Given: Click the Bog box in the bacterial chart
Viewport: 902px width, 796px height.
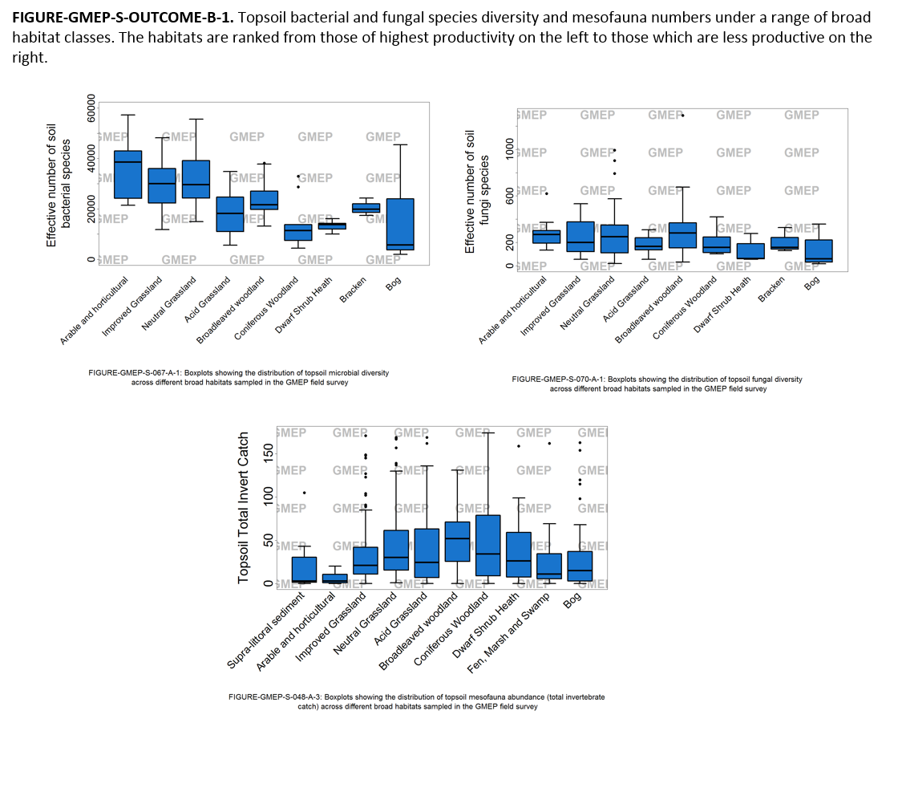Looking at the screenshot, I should [400, 224].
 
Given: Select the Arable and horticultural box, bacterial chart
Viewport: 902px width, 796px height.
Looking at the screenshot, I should [128, 174].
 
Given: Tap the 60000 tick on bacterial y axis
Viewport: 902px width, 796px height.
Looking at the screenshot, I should [91, 112].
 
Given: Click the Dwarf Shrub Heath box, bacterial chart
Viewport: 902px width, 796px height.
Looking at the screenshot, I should [332, 225].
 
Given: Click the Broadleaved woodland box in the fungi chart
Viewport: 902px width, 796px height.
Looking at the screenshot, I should [682, 235].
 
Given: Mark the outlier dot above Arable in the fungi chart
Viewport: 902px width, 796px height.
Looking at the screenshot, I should [547, 193].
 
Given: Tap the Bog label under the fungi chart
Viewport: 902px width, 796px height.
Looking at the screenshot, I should [812, 282].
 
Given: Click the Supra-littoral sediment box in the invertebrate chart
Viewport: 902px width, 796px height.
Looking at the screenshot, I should [304, 570].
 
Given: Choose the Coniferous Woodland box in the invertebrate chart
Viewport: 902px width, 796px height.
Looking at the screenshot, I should [487, 545].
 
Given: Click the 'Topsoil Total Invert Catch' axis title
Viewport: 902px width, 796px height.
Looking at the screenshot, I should [245, 507].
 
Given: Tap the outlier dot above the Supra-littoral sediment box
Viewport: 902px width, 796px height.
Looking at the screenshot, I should [304, 493].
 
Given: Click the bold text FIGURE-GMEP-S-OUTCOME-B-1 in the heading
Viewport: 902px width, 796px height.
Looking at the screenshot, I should [123, 17].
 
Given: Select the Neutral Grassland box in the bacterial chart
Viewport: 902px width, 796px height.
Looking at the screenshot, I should [196, 179].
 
